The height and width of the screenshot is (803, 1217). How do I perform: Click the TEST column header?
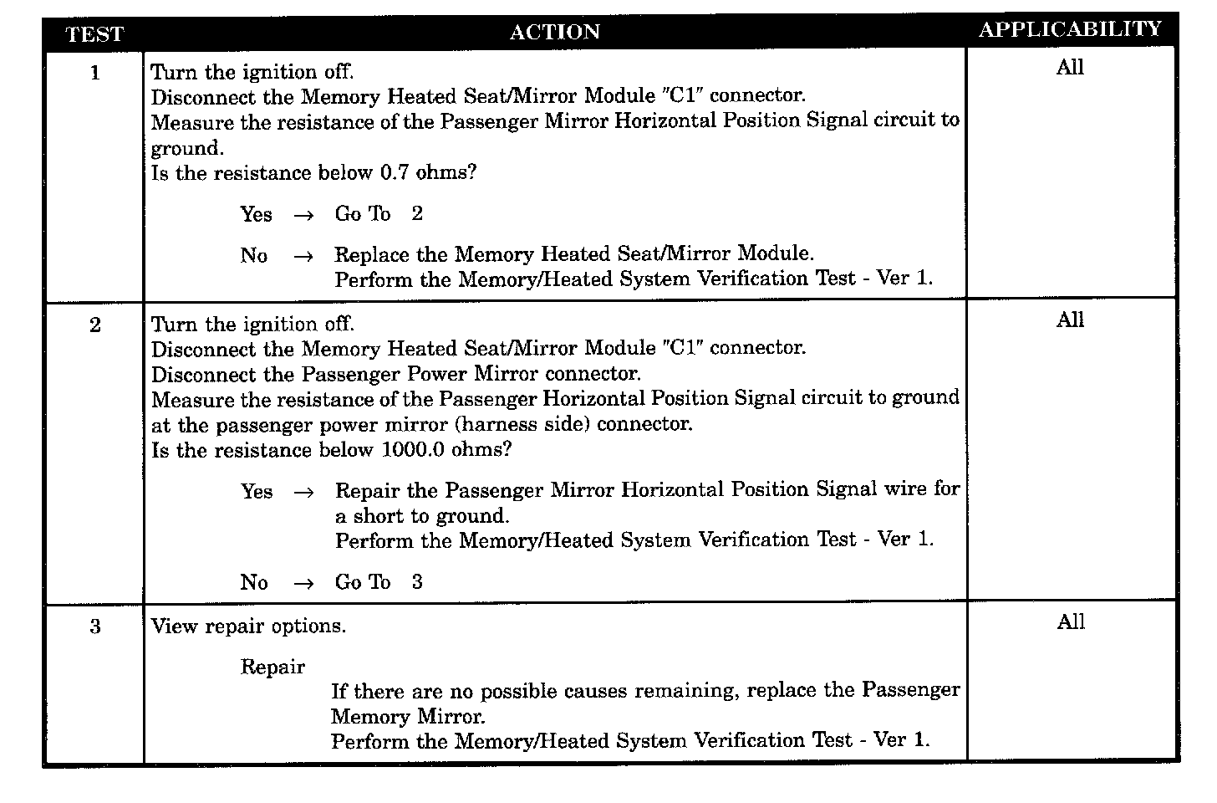click(94, 34)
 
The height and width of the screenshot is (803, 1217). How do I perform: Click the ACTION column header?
click(555, 32)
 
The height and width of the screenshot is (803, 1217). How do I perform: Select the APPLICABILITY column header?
click(1070, 29)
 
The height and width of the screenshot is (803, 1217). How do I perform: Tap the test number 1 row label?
click(94, 73)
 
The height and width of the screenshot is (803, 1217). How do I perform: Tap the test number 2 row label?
click(94, 325)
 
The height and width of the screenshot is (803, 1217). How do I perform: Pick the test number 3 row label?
click(94, 627)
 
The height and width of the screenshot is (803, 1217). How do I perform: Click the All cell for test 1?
click(1070, 68)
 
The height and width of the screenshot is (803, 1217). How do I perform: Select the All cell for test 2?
click(1070, 320)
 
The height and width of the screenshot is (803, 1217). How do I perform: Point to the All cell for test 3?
click(1070, 622)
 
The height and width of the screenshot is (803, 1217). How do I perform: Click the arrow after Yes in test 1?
click(303, 215)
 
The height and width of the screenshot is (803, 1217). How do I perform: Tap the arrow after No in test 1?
click(303, 256)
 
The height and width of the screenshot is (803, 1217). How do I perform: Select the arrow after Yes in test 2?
click(303, 492)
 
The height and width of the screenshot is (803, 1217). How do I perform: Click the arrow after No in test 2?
click(303, 583)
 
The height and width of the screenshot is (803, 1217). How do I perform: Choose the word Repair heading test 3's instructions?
click(272, 667)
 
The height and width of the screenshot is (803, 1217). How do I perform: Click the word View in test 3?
click(175, 626)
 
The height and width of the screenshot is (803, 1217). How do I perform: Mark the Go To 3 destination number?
click(417, 582)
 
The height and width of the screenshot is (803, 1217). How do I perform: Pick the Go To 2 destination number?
click(417, 214)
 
